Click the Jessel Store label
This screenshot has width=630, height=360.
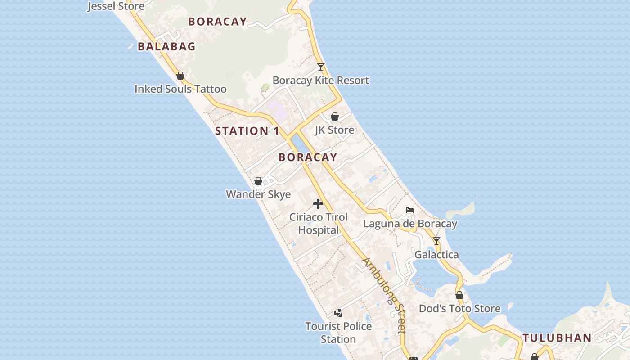116,6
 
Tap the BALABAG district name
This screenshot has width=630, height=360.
166,46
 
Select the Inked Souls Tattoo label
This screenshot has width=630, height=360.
180,89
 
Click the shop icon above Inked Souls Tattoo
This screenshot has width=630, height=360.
180,76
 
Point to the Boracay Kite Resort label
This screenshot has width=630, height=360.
321,81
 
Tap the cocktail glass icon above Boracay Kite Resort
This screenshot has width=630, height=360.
321,67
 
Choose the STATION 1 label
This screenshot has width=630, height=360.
247,131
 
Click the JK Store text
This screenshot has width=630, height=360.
334,130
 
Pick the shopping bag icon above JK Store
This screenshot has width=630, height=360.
335,117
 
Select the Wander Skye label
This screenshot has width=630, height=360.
258,194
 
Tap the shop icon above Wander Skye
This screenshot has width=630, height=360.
258,181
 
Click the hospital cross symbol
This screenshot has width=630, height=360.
318,204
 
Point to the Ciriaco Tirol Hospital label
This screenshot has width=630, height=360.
319,224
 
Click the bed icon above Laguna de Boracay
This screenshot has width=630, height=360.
410,210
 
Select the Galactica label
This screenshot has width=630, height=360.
436,255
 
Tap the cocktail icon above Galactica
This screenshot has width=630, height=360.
436,241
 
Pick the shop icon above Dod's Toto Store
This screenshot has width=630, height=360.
459,295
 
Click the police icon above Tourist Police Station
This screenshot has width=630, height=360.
338,313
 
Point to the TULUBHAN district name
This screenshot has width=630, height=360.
557,338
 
